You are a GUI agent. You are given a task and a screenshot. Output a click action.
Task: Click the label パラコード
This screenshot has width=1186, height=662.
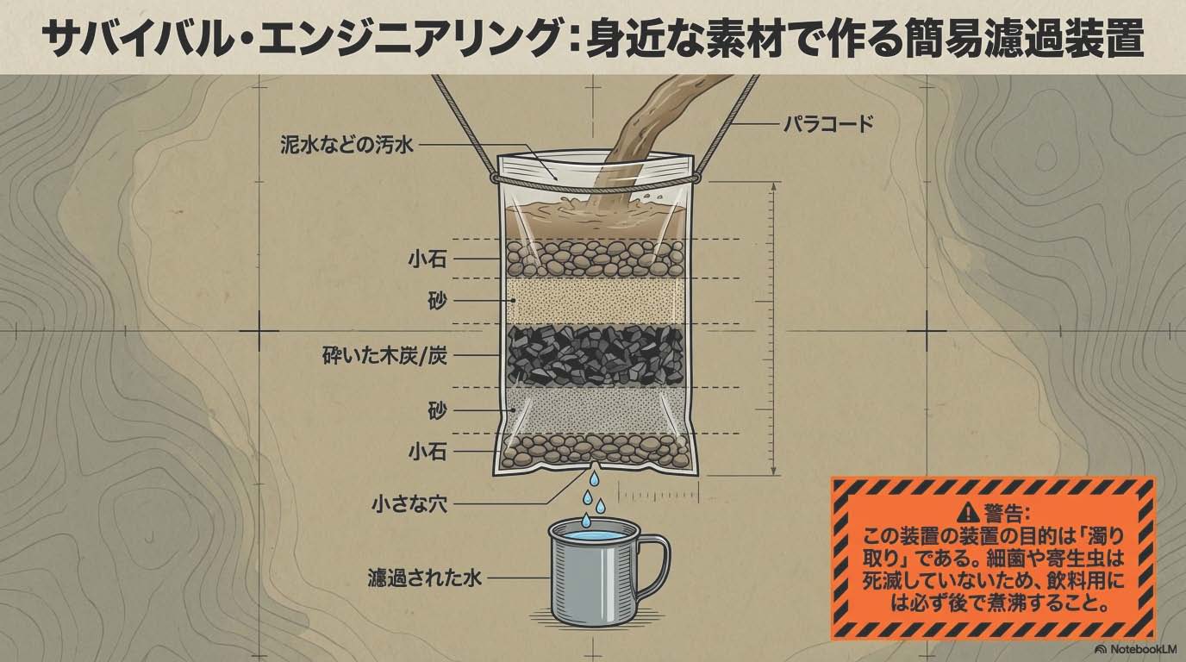tap(828, 124)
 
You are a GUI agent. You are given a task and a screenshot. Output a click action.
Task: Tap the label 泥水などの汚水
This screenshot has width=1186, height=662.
tap(346, 145)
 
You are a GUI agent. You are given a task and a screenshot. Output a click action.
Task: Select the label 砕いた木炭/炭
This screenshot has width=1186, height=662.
tap(385, 355)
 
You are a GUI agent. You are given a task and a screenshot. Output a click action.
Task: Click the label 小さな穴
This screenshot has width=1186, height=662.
tap(409, 503)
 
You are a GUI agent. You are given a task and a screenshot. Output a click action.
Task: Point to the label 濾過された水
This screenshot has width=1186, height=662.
tap(424, 578)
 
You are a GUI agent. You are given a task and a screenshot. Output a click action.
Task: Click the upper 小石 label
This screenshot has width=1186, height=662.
tap(428, 259)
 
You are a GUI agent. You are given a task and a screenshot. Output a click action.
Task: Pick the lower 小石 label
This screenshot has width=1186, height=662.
tap(428, 452)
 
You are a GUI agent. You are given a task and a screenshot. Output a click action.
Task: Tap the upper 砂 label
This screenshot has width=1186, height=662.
tap(437, 301)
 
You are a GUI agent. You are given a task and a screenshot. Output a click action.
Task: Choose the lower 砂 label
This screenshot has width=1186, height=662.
tap(437, 410)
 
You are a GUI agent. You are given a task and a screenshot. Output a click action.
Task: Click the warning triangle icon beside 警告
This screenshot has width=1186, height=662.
tap(970, 512)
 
